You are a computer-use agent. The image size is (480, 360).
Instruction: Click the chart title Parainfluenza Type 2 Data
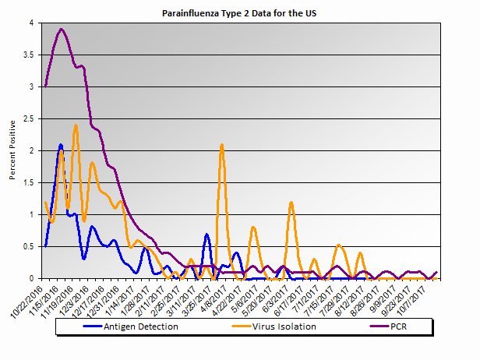click(239, 13)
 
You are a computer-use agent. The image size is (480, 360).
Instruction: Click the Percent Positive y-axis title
click(13, 150)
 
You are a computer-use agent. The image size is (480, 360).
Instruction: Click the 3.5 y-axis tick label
click(30, 55)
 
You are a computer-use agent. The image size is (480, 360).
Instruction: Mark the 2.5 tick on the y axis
click(30, 119)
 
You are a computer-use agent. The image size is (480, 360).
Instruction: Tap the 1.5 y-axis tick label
click(30, 182)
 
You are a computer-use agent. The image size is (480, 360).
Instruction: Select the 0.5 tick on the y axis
click(30, 246)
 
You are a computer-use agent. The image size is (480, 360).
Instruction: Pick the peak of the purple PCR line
click(62, 30)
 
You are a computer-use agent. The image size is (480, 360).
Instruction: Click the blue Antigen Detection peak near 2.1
click(61, 145)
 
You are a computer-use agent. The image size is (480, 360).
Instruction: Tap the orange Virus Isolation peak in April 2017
click(222, 145)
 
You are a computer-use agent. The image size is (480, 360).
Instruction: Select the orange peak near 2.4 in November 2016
click(76, 125)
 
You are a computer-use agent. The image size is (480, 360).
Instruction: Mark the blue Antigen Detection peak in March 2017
click(206, 234)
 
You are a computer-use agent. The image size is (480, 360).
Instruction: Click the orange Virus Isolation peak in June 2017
click(291, 202)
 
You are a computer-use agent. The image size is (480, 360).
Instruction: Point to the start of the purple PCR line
click(46, 86)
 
